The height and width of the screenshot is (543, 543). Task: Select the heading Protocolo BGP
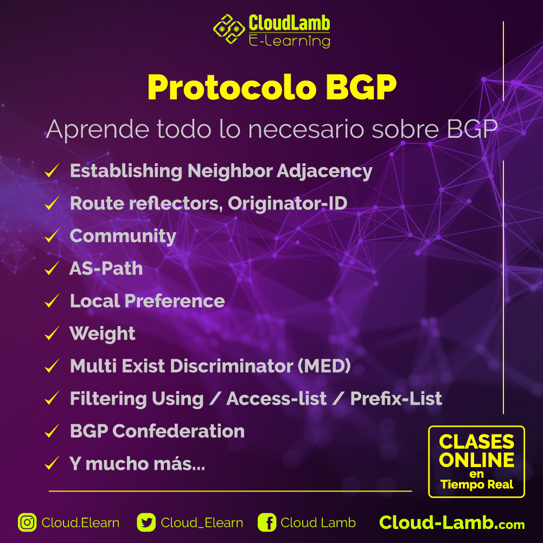(272, 87)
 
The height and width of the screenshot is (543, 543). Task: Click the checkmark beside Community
(52, 237)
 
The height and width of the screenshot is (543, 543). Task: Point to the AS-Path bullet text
(106, 269)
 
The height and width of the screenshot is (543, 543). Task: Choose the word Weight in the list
(103, 334)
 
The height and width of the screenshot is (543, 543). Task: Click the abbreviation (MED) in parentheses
(324, 366)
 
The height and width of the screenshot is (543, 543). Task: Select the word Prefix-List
(396, 399)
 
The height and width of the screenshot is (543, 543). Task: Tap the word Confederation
(178, 431)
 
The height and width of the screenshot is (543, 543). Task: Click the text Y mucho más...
(137, 464)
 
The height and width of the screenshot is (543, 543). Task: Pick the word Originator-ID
(288, 203)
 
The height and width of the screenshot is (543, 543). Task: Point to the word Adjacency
(324, 171)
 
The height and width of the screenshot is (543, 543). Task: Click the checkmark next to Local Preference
(52, 302)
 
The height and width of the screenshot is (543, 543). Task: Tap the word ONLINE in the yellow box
(477, 460)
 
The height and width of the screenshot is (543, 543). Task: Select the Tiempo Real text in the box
(477, 484)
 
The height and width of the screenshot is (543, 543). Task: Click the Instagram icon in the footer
(27, 522)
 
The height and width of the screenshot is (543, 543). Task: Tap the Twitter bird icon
(146, 522)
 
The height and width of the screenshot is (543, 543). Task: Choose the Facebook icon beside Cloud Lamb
(267, 522)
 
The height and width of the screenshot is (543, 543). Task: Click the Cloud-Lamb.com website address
(452, 522)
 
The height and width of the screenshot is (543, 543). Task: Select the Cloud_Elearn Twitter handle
(202, 522)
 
